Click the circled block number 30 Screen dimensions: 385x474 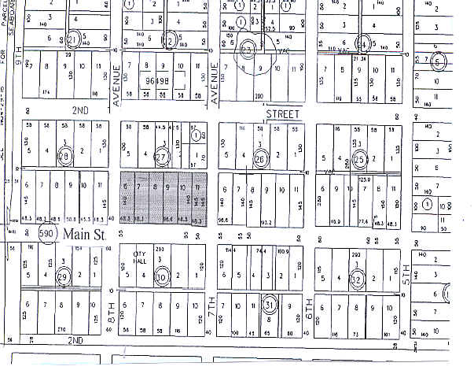point(162,276)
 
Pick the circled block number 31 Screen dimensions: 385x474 point(269,304)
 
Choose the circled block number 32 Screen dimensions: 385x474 point(358,278)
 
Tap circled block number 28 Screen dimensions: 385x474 point(65,157)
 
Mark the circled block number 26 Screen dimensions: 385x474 point(261,158)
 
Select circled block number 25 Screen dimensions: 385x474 point(359,159)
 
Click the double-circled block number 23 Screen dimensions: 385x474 point(249,49)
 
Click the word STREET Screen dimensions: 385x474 point(283,114)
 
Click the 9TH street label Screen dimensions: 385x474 point(14,57)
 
